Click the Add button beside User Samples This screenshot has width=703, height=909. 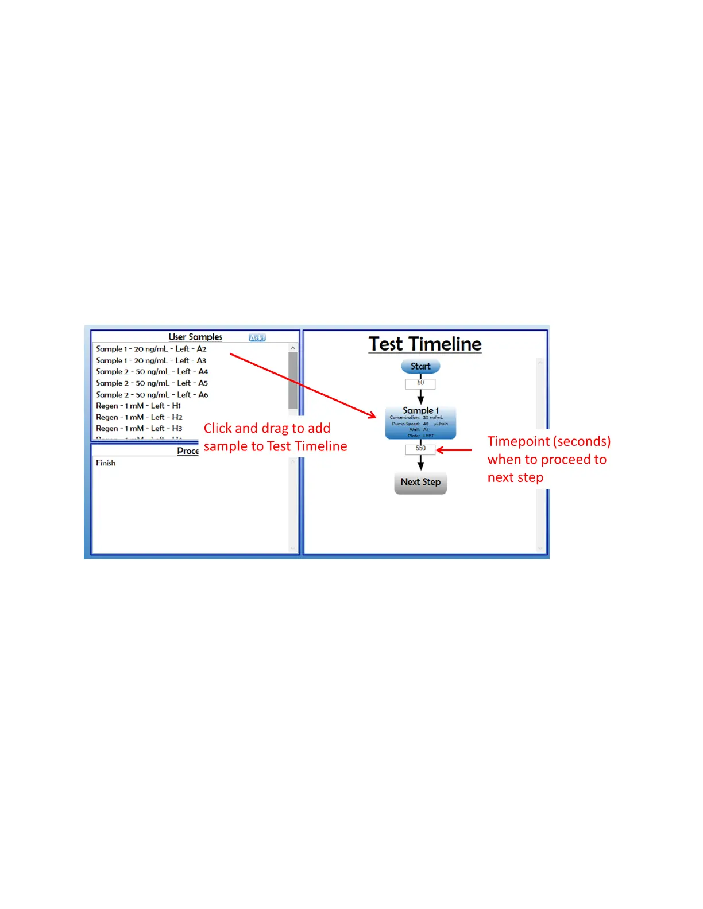point(257,337)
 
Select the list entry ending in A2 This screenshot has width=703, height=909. point(151,349)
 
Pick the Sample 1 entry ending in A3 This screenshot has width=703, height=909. point(151,360)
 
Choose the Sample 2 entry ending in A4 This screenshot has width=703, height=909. point(152,372)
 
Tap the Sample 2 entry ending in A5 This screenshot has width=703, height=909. point(152,383)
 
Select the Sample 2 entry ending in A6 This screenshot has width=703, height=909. point(152,395)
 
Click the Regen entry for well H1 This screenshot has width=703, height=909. point(138,406)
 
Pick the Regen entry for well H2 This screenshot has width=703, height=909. point(139,417)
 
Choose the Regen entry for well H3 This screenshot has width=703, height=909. point(139,429)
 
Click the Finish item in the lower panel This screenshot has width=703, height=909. point(106,463)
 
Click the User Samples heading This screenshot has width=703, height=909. point(195,337)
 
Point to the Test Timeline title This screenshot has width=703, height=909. point(425,344)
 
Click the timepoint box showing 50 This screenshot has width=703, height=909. point(420,383)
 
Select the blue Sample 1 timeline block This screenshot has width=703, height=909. point(420,423)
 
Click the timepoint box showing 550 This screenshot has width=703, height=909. point(420,449)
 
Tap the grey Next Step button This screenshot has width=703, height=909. point(420,483)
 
